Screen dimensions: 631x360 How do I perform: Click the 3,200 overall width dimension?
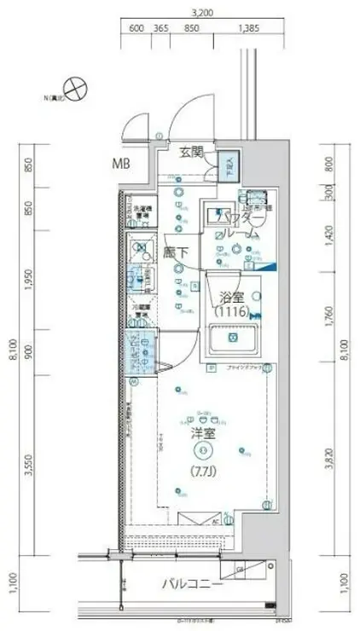tap(202, 13)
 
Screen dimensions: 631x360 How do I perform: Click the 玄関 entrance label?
tap(192, 153)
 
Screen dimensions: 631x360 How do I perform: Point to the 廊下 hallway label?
tap(177, 252)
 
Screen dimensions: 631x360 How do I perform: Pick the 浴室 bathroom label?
tap(232, 298)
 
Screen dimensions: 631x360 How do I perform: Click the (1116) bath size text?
tap(231, 314)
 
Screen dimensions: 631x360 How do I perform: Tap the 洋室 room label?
tap(202, 432)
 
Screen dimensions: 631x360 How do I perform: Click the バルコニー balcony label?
tap(195, 585)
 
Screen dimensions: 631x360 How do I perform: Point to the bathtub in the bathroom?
tap(235, 339)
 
